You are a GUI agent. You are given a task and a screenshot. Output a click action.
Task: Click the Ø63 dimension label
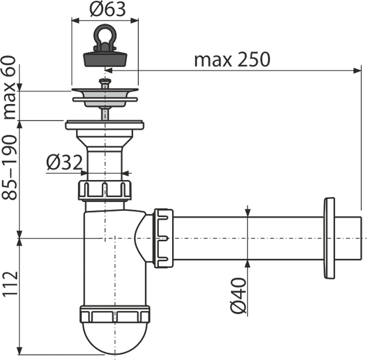click(x=107, y=10)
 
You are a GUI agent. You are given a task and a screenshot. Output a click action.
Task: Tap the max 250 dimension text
click(x=232, y=59)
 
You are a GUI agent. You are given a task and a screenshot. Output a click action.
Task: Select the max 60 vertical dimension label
click(x=9, y=87)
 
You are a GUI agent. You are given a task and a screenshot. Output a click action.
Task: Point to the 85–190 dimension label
click(x=9, y=167)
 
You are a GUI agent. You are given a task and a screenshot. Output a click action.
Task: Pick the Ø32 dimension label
click(x=65, y=162)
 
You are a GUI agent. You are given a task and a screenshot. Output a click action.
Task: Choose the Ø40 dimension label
click(x=239, y=295)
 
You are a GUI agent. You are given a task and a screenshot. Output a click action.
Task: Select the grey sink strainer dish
click(x=105, y=98)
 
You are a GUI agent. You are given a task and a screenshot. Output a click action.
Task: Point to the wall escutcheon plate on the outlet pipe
click(x=329, y=238)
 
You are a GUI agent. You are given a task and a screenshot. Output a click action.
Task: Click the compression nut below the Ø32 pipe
click(x=105, y=190)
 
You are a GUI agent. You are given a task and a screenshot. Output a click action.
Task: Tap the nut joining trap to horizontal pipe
click(x=163, y=238)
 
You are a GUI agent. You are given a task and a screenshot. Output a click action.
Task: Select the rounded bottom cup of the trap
click(x=115, y=338)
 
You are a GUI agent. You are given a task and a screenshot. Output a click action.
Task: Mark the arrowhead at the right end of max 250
click(x=357, y=70)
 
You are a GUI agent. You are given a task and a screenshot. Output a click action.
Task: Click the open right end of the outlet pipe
click(x=361, y=238)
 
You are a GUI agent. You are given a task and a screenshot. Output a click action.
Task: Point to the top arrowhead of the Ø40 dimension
click(x=248, y=212)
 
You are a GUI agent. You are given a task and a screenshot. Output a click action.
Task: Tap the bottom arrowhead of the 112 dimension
click(x=21, y=351)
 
